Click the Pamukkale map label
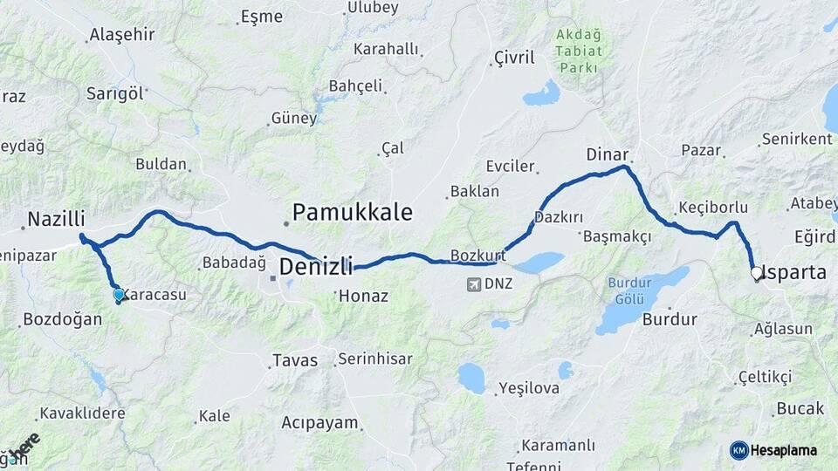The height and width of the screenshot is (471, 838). coord(352,212)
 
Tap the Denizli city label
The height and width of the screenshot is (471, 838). coord(315,266)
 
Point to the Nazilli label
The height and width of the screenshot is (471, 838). coord(56,220)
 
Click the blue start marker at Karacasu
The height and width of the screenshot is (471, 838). coord(119,295)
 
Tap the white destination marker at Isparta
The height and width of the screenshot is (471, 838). coord(757,273)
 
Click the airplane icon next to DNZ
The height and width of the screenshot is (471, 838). coord(473,283)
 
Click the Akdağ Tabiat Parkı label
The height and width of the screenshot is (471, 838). coord(578,52)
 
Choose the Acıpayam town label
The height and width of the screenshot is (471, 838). coord(319,423)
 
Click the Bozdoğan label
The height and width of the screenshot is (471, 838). coord(62,318)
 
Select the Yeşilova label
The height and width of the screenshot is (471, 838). coord(528,388)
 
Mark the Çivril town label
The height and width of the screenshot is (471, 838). coord(513,58)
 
